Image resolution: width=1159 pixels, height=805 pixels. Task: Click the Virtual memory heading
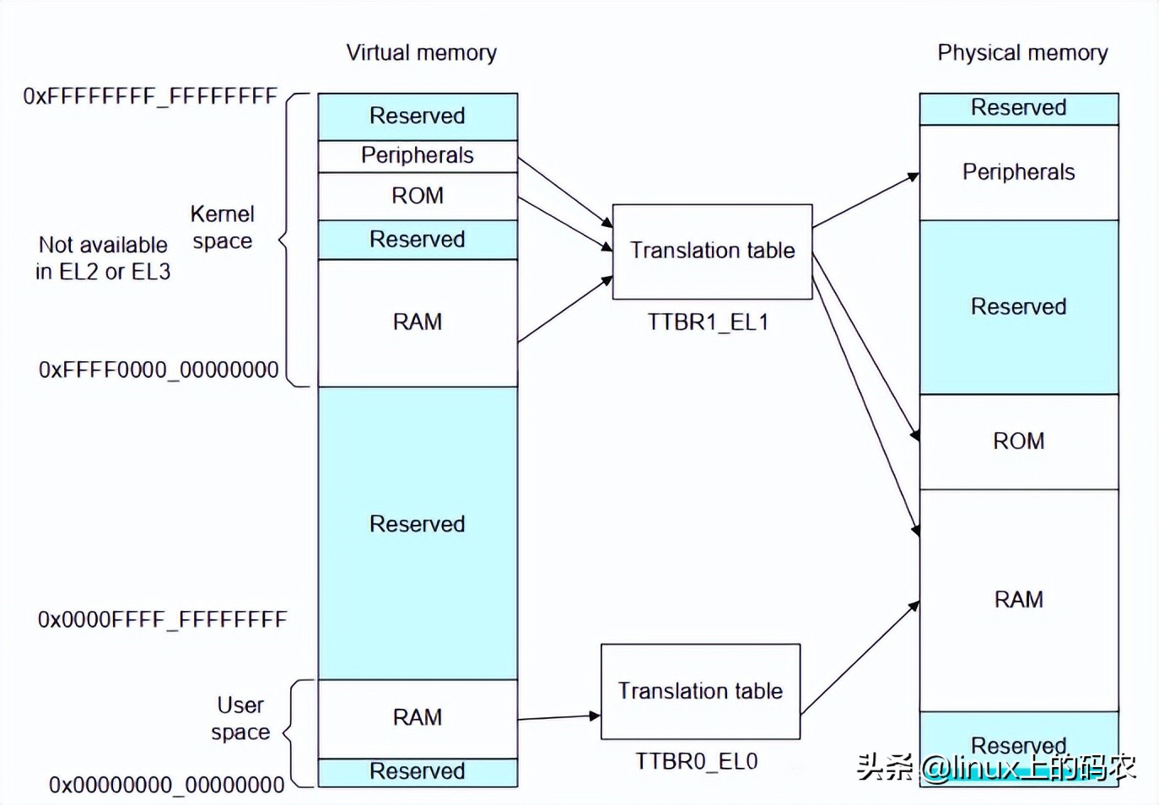421,53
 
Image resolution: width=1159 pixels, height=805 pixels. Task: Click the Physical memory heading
1022,53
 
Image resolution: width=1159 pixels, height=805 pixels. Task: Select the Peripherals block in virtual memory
418,156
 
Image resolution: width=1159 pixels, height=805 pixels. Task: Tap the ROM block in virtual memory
418,196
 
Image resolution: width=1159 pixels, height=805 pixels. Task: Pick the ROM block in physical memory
1018,441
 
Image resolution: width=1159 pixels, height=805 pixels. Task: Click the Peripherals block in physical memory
1018,172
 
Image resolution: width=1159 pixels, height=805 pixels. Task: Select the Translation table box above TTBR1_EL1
712,251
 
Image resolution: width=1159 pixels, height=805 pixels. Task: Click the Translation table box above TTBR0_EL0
700,691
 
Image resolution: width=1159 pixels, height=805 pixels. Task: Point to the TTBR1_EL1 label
708,322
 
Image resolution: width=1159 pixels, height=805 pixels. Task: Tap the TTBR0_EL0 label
696,762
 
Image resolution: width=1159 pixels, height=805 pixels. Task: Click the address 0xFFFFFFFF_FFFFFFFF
150,96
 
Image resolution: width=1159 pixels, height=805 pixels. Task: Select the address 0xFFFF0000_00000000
159,370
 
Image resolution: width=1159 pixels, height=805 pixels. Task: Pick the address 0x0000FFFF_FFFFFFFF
162,620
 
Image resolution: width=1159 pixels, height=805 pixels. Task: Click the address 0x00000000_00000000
166,786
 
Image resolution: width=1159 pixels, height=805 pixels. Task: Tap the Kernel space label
222,228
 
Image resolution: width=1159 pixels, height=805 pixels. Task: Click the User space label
240,718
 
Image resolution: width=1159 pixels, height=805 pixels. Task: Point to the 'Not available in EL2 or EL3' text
103,258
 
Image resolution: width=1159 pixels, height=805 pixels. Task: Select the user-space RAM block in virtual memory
418,718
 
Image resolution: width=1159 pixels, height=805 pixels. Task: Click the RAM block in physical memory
1018,600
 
